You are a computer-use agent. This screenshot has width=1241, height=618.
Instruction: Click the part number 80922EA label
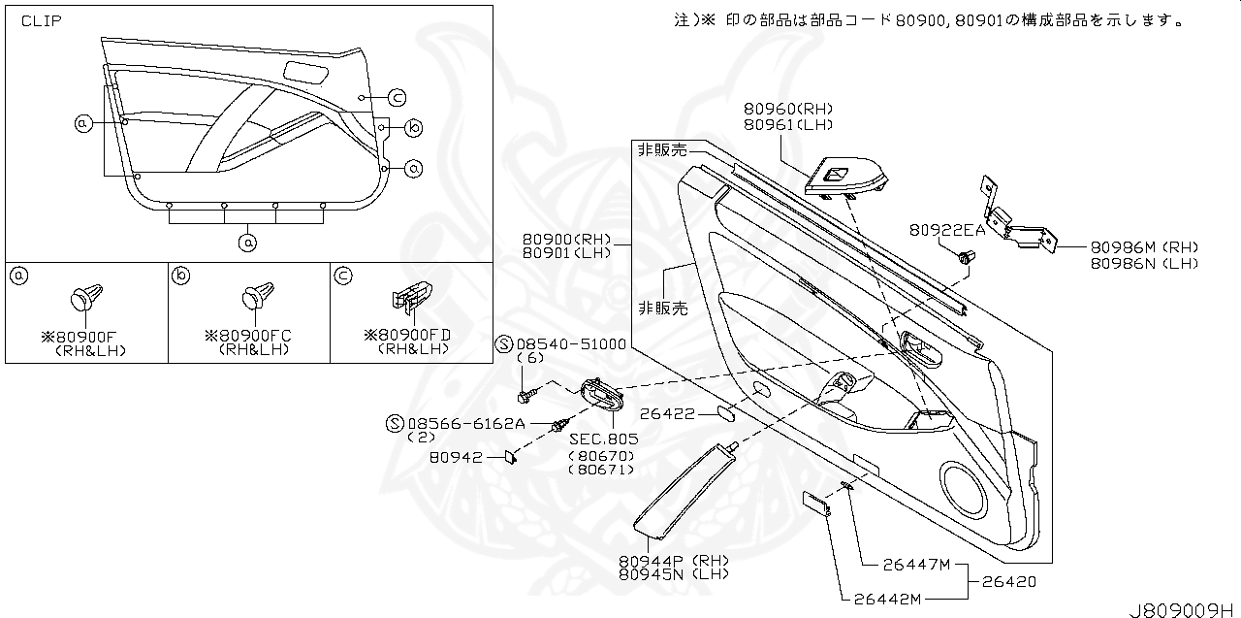[946, 230]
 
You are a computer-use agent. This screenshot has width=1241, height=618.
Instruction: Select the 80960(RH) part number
[788, 110]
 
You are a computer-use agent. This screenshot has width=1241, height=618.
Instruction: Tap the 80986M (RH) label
[1143, 247]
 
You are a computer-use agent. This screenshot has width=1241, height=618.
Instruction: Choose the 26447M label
[916, 565]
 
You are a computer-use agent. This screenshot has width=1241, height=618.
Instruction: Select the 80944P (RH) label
[671, 561]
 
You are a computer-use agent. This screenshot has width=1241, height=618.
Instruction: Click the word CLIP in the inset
[42, 19]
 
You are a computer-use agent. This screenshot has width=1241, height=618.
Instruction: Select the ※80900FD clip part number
[407, 335]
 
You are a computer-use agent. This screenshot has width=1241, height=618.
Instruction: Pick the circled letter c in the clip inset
[397, 97]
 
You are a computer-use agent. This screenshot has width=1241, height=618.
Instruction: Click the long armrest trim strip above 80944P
[684, 490]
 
